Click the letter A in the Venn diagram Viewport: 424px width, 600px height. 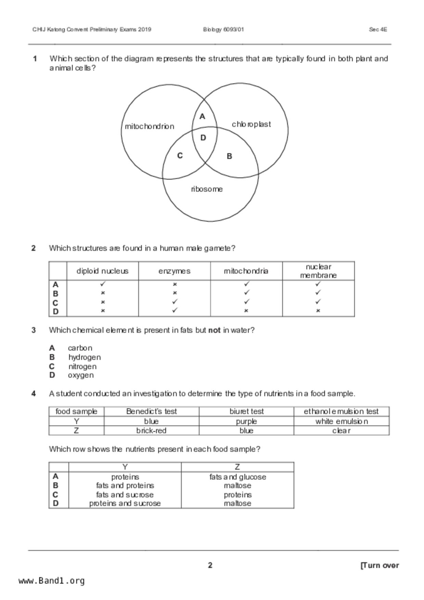(x=202, y=117)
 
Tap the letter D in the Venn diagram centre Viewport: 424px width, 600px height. (x=203, y=138)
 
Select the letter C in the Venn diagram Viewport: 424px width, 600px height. (x=180, y=156)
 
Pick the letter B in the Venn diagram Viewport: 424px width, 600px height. (x=229, y=156)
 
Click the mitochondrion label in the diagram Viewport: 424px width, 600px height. (x=149, y=127)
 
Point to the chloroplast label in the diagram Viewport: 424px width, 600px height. (x=251, y=124)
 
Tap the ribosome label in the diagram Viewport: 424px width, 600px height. (x=207, y=189)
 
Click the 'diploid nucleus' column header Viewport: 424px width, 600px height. (x=102, y=271)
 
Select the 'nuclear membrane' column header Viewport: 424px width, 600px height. (x=318, y=271)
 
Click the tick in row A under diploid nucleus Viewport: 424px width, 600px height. (x=103, y=284)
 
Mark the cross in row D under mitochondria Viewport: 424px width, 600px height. (x=246, y=311)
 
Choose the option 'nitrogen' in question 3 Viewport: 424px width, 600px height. (x=82, y=366)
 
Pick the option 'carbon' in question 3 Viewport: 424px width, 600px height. (x=80, y=348)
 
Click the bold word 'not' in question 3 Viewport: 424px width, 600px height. (x=214, y=330)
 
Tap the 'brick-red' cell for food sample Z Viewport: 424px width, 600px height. (x=151, y=431)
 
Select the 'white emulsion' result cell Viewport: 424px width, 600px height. (x=341, y=421)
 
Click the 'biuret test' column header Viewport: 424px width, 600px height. (x=246, y=412)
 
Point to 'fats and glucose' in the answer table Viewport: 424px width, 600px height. (x=237, y=477)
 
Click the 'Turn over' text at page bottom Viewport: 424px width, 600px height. (x=380, y=565)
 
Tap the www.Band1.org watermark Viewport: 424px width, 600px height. (x=51, y=581)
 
